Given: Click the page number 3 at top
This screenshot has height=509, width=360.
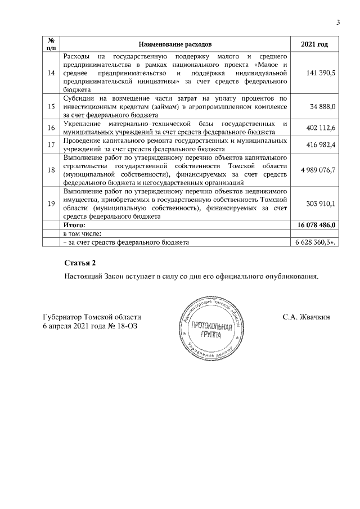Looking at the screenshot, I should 338,22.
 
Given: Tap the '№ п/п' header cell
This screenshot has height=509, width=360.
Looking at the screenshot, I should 51,44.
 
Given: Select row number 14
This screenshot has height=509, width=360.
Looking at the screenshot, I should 51,73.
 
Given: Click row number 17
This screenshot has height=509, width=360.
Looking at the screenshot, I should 51,145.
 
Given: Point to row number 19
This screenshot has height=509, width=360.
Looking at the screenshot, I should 51,204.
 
